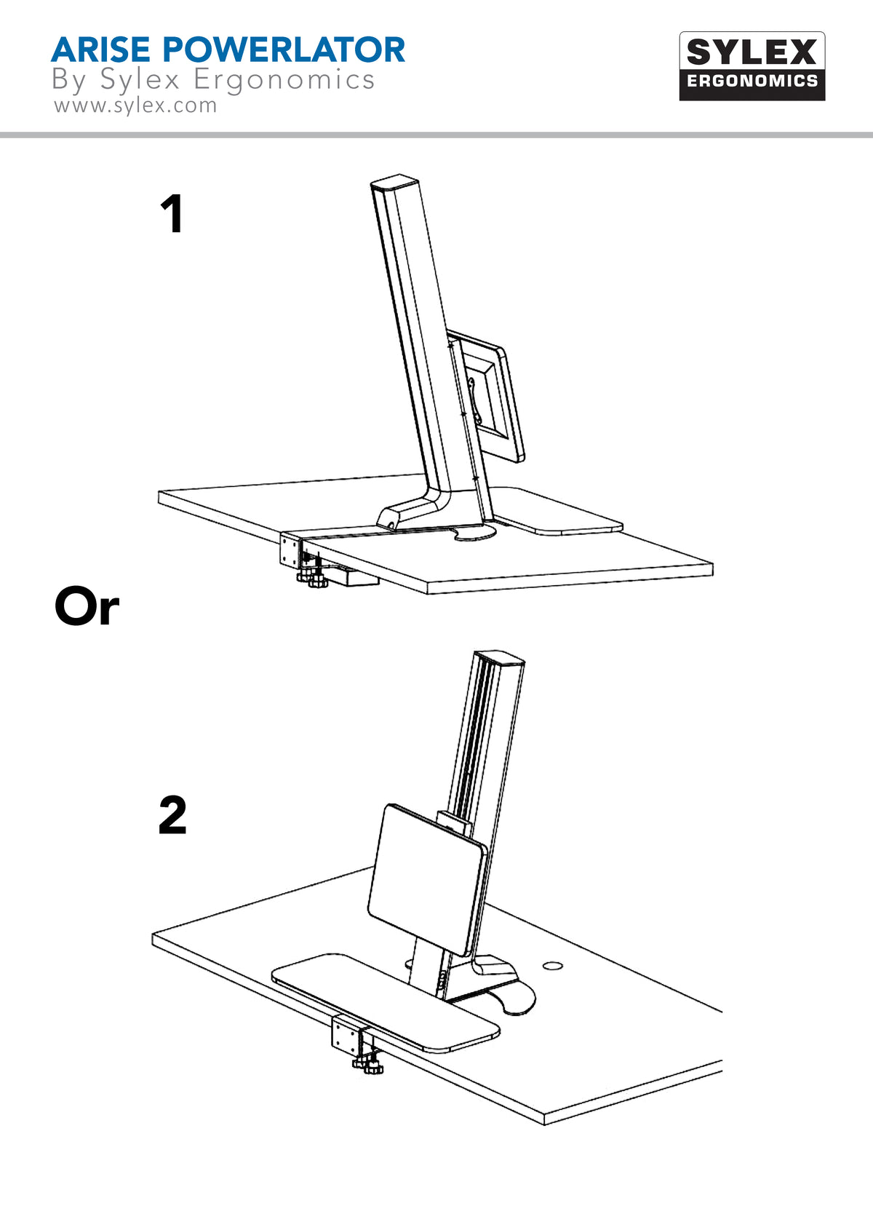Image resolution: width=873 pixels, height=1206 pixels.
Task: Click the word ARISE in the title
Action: click(x=100, y=50)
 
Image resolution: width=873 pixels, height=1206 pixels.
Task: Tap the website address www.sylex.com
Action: click(x=135, y=106)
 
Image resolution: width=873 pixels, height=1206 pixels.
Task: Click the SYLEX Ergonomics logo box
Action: click(x=752, y=66)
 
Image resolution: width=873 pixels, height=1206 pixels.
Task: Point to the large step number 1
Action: click(x=172, y=215)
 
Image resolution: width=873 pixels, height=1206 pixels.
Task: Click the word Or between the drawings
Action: click(x=87, y=607)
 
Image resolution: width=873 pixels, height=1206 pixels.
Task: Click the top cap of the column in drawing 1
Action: click(x=395, y=182)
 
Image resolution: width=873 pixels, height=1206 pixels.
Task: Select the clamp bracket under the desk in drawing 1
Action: click(x=290, y=550)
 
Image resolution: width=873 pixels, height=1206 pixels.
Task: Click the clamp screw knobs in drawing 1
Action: click(x=311, y=580)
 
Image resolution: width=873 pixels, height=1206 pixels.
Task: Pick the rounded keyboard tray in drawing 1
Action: click(x=560, y=513)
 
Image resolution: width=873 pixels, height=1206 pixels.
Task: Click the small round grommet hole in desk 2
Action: click(x=553, y=966)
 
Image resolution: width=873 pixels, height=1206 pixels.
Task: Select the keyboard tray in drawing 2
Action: click(x=386, y=1001)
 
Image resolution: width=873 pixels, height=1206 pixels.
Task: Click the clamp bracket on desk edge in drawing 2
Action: click(x=346, y=1034)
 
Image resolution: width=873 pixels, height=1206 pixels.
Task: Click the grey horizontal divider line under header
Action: click(x=436, y=135)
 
